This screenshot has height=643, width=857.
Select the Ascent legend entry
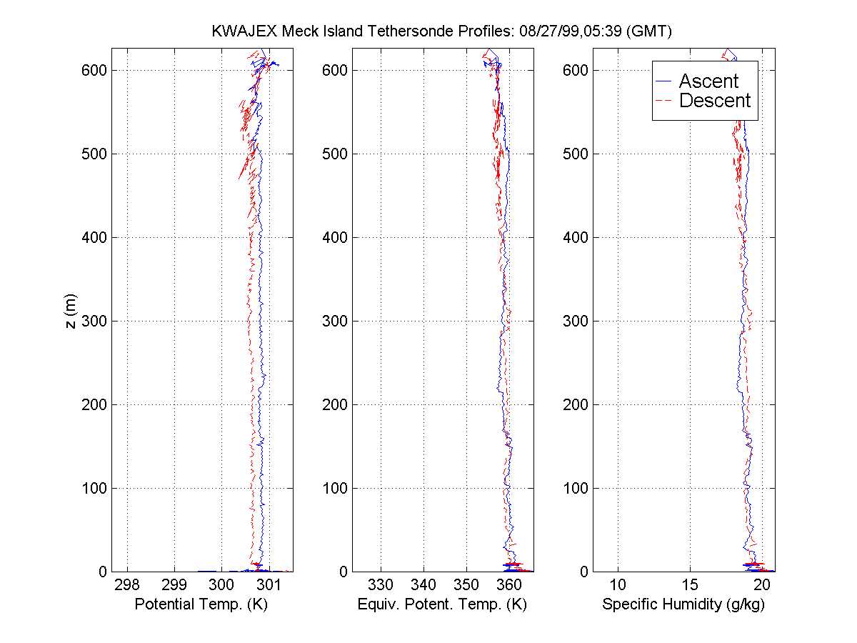tap(708, 81)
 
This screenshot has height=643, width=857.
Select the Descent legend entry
tap(715, 101)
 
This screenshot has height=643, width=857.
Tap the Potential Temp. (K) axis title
tap(201, 604)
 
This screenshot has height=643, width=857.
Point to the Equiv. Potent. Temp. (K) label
tap(441, 604)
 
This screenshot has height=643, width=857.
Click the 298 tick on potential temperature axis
tap(127, 584)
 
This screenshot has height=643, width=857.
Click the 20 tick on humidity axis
tap(762, 584)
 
